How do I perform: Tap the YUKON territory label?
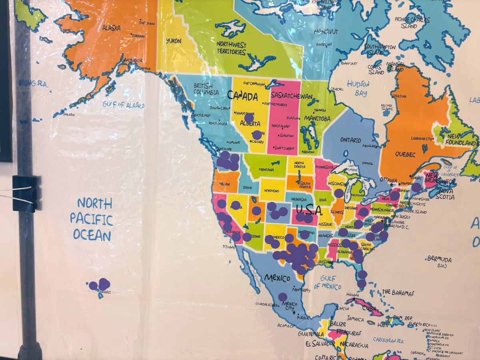(174, 41)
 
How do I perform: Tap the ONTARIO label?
(351, 140)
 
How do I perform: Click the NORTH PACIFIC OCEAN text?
(92, 220)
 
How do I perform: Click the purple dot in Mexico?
(282, 297)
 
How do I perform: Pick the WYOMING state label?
(273, 190)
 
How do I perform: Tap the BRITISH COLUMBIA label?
(206, 89)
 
